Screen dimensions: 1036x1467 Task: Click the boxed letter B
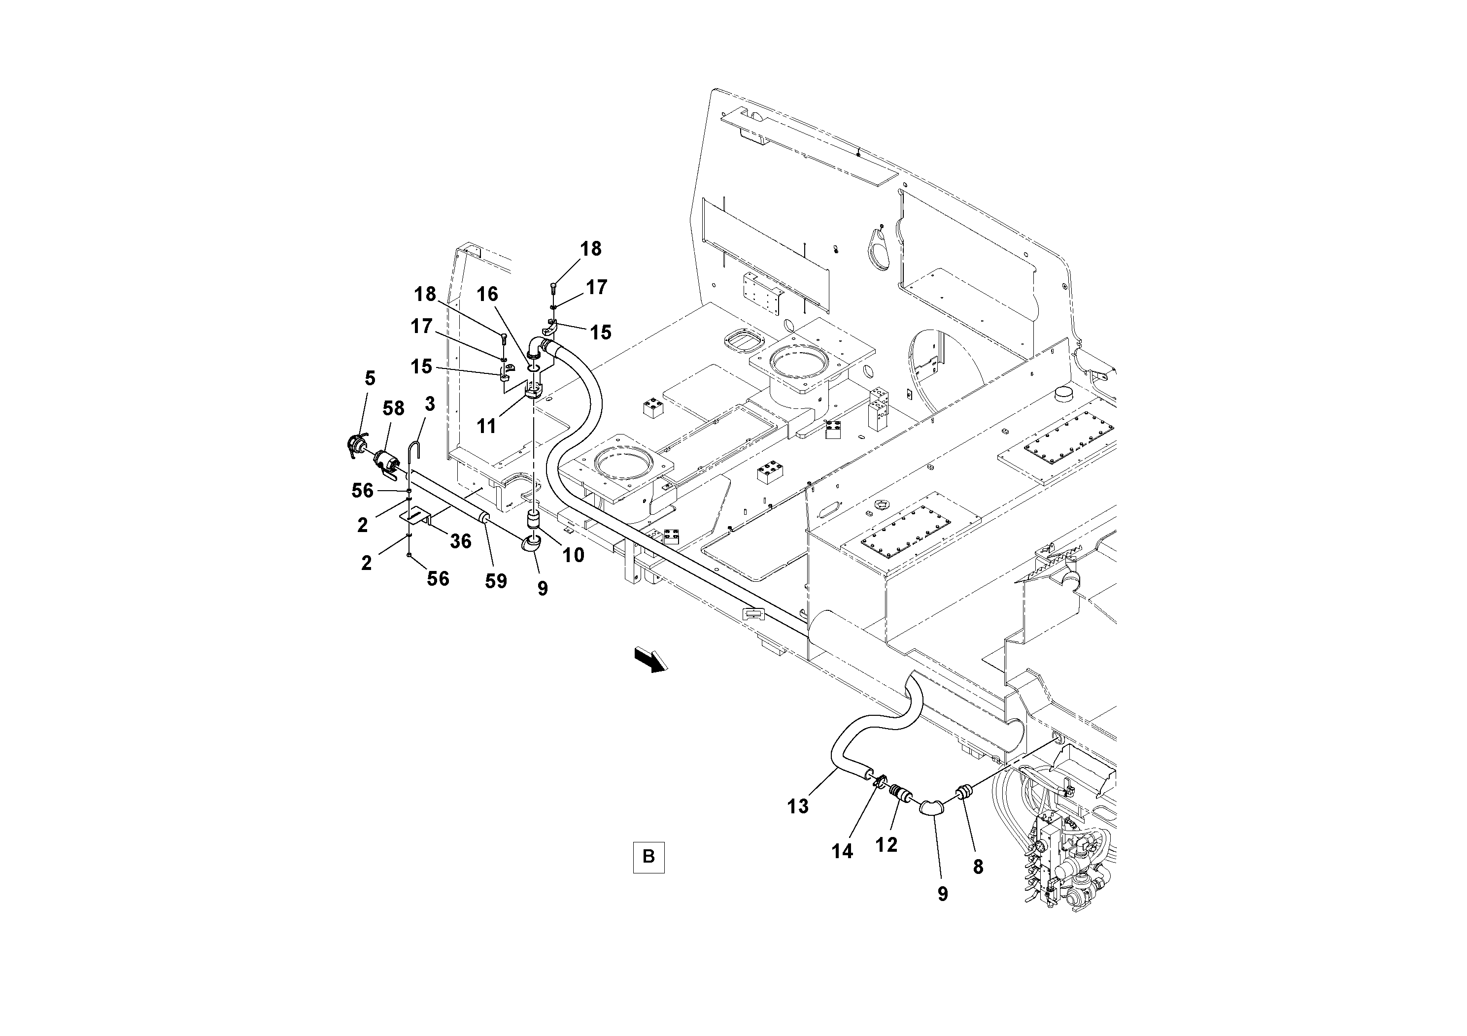click(x=648, y=857)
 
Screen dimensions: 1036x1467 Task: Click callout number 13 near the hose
click(x=798, y=807)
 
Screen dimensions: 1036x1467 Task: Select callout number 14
click(x=842, y=851)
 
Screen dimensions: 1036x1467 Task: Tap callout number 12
click(x=886, y=845)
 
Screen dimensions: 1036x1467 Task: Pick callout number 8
click(x=978, y=867)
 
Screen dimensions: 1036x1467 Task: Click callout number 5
click(x=370, y=378)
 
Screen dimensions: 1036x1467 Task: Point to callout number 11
click(x=487, y=426)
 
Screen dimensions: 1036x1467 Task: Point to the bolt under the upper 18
click(x=553, y=290)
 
